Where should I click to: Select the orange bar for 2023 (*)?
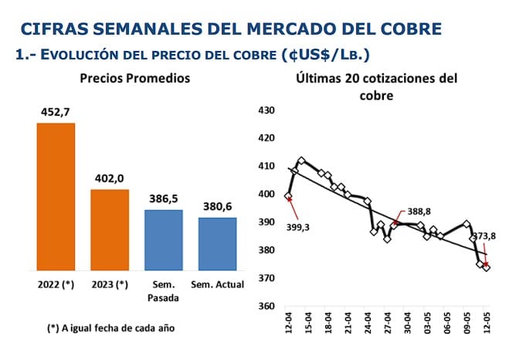click(110, 229)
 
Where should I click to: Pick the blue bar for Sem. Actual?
click(217, 243)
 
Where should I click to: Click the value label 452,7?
click(56, 111)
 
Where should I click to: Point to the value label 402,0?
click(110, 178)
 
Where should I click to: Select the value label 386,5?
click(164, 198)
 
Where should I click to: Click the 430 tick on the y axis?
click(266, 110)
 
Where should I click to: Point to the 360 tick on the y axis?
click(266, 306)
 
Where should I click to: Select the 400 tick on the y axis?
click(266, 195)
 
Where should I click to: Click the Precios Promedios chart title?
click(135, 79)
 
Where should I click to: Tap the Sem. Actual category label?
click(217, 284)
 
